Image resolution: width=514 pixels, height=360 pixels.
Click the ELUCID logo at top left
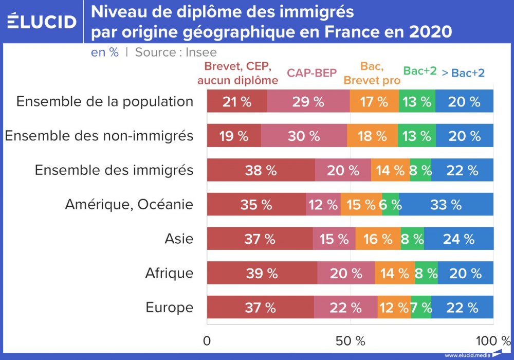[x=42, y=21]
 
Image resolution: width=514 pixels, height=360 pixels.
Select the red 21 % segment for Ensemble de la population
[x=237, y=101]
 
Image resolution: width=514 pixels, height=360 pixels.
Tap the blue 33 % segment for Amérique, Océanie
[x=446, y=205]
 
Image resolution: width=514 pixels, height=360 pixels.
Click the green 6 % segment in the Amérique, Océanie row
[x=390, y=205]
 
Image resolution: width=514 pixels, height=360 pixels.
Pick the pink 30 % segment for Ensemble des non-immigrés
[x=304, y=136]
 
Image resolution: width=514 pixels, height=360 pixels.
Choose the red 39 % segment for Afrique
[x=262, y=273]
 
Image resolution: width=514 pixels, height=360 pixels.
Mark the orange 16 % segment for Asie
[x=378, y=239]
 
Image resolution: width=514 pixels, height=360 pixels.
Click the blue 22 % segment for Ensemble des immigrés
[x=462, y=170]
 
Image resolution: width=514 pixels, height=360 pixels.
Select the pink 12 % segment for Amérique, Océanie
[x=323, y=205]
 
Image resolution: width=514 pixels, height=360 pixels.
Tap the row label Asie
[x=179, y=239]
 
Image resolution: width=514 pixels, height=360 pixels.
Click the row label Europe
[x=170, y=308]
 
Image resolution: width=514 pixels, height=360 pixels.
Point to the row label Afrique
[x=169, y=273]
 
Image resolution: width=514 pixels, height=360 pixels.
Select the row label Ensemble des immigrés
[x=114, y=170]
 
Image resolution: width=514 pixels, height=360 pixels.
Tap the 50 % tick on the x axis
[x=350, y=340]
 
